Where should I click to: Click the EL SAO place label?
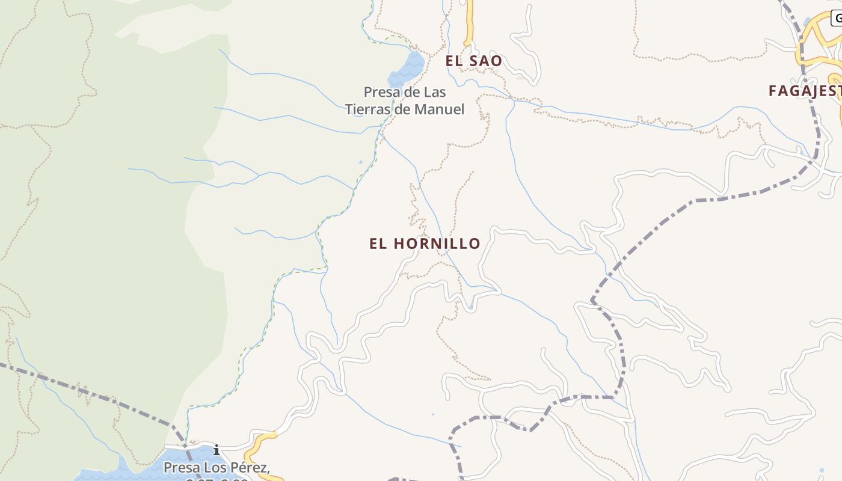coord(473,61)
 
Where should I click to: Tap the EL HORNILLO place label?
coord(425,244)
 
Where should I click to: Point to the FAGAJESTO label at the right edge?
coord(805,91)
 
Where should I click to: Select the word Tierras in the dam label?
coord(366,109)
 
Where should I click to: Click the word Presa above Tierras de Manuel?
coord(382,93)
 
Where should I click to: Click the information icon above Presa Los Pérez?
coord(216,450)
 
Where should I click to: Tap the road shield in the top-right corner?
coord(837,18)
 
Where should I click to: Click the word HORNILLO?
coord(437,244)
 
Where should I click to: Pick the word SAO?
coord(487,61)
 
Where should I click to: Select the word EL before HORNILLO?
coord(377,244)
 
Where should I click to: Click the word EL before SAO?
coord(453,61)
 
